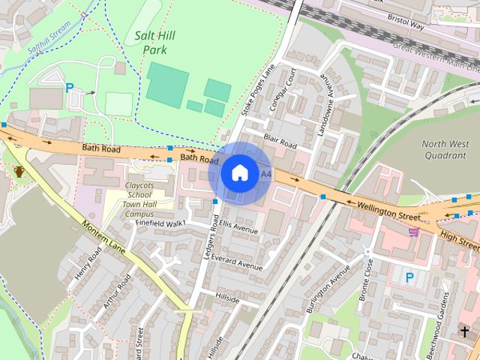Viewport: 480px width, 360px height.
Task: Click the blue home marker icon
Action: pos(239,172)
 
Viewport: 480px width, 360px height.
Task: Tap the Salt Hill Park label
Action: pos(150,42)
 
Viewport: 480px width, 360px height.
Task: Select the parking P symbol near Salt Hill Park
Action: pos(70,88)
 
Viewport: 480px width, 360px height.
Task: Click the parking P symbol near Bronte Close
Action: pos(409,277)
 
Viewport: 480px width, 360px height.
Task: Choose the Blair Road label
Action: pos(280,140)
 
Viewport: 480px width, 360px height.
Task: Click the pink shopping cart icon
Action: pos(413,232)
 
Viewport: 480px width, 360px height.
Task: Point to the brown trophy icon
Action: pos(19,171)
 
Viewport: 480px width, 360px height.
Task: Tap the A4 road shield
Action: pos(265,174)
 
